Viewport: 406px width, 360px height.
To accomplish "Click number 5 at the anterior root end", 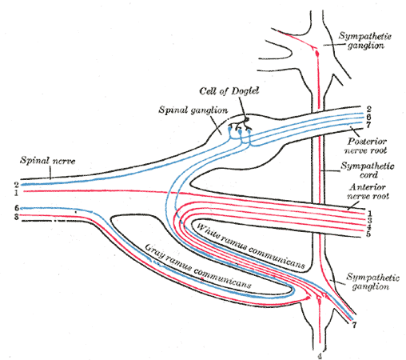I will [369, 234].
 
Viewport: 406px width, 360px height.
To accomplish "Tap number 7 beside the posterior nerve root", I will [368, 126].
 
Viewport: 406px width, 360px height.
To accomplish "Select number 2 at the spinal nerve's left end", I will [15, 185].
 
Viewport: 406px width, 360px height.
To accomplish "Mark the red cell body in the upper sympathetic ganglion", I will [316, 52].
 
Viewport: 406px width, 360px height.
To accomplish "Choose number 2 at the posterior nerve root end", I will [368, 108].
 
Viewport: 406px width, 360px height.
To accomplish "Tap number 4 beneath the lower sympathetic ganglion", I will [320, 355].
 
